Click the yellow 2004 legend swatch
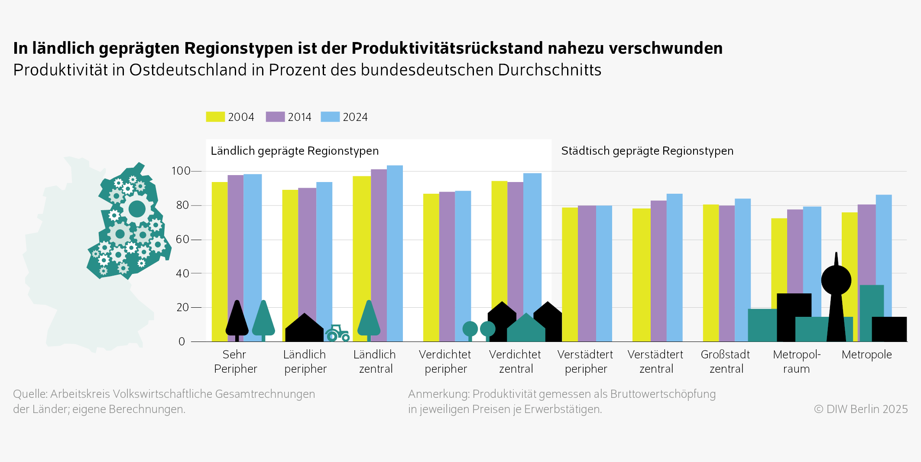click(215, 117)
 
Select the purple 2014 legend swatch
click(275, 117)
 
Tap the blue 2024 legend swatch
click(330, 117)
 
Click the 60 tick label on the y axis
click(182, 239)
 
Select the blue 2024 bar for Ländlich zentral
click(395, 243)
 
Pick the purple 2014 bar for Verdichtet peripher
click(447, 260)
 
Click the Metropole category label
click(866, 355)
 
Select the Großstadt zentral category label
click(726, 361)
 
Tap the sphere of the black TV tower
click(836, 280)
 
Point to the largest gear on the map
click(137, 209)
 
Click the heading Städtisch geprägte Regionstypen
click(647, 151)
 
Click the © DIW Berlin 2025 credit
click(860, 409)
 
